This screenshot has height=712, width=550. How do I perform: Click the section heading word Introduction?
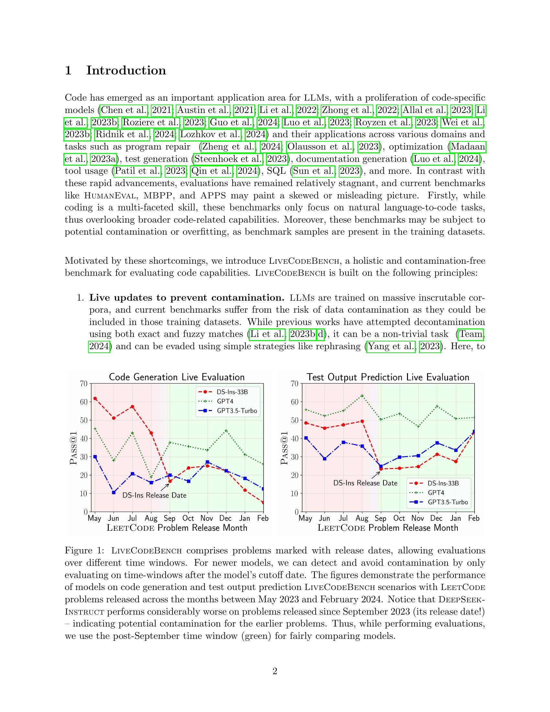pyautogui.click(x=126, y=71)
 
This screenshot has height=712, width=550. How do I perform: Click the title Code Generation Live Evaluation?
pyautogui.click(x=177, y=377)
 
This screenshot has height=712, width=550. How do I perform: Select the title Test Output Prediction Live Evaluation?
pyautogui.click(x=388, y=377)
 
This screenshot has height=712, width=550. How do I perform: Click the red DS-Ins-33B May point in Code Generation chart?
pyautogui.click(x=95, y=398)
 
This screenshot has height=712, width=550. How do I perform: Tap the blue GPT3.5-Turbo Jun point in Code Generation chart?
pyautogui.click(x=114, y=492)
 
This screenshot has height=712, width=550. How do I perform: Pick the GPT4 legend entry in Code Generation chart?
pyautogui.click(x=225, y=401)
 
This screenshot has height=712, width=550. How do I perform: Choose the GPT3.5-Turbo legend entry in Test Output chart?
pyautogui.click(x=448, y=502)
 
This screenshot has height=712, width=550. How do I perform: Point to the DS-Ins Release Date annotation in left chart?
pyautogui.click(x=154, y=495)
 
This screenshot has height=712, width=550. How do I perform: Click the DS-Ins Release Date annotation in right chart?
pyautogui.click(x=365, y=483)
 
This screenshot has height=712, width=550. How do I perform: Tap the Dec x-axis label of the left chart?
pyautogui.click(x=225, y=518)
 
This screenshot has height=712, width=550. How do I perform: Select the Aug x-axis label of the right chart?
pyautogui.click(x=362, y=518)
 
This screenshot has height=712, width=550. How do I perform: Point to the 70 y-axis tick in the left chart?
pyautogui.click(x=84, y=384)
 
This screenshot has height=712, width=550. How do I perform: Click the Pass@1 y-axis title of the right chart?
pyautogui.click(x=285, y=448)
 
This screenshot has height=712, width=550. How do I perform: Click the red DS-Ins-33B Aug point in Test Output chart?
pyautogui.click(x=362, y=421)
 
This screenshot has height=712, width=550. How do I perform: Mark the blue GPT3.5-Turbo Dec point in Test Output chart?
pyautogui.click(x=437, y=443)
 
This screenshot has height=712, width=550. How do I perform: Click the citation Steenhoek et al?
pyautogui.click(x=228, y=159)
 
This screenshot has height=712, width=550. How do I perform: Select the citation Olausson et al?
pyautogui.click(x=320, y=147)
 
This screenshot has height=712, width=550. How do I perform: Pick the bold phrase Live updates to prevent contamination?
pyautogui.click(x=187, y=298)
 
